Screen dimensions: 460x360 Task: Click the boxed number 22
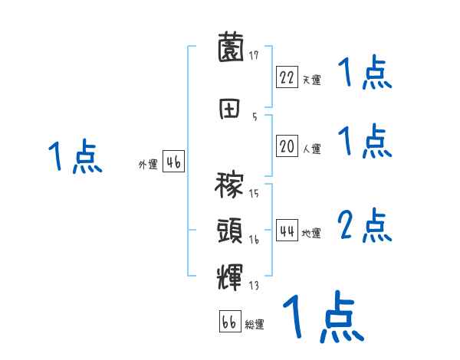[287, 77]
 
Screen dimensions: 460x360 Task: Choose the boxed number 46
[173, 163]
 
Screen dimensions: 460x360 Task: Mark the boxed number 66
[229, 322]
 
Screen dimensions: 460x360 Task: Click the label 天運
[311, 80]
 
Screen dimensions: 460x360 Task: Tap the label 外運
[147, 164]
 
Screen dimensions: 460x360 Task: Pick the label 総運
[255, 325]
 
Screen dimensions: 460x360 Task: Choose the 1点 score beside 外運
[74, 156]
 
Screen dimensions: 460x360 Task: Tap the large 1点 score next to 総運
[321, 316]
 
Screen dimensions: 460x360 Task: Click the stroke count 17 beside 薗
[254, 55]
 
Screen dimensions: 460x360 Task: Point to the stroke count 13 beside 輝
[254, 286]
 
